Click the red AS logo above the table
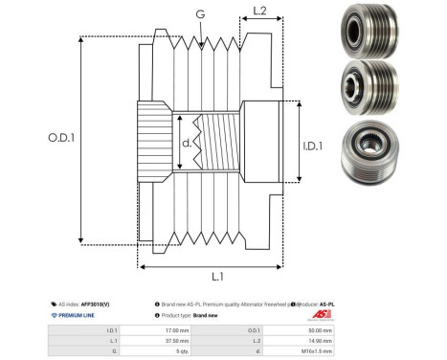[x=321, y=312]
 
